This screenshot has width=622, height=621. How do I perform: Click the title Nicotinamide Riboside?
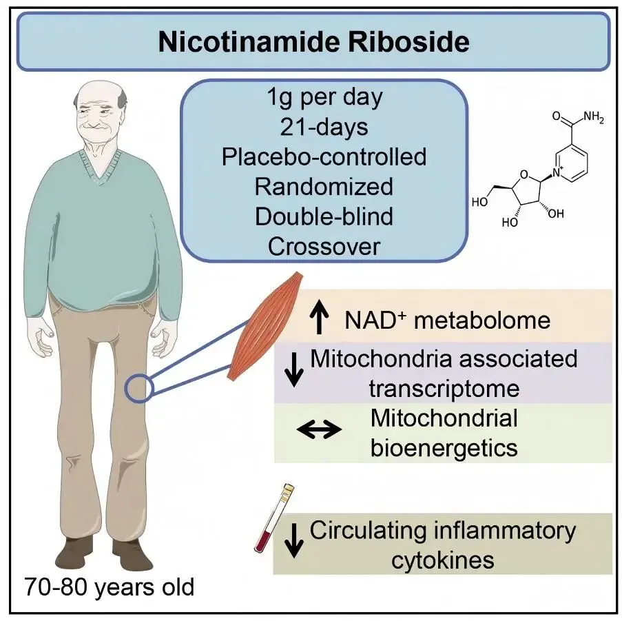pos(313,42)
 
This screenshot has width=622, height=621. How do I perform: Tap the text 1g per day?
pos(324,97)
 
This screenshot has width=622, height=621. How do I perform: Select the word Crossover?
pos(324,247)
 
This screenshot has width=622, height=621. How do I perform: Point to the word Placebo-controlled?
pos(324,156)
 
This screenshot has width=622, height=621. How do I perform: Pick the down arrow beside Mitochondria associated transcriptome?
pos(295,371)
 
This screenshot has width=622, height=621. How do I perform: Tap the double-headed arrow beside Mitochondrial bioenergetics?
pos(318,430)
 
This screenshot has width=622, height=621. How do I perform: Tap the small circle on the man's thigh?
pos(137,388)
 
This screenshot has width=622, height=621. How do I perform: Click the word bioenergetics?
pos(444,447)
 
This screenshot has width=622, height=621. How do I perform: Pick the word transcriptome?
pos(444,388)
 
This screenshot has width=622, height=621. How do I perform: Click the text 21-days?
pos(324,127)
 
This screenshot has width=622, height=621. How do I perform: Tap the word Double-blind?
pos(324,216)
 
